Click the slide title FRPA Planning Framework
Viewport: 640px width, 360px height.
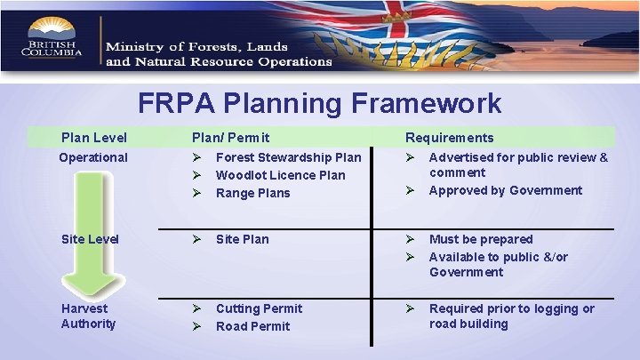pyautogui.click(x=319, y=103)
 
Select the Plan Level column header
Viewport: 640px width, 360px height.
pyautogui.click(x=93, y=138)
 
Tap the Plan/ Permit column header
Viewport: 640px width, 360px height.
pyautogui.click(x=231, y=138)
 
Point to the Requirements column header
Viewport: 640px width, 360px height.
pyautogui.click(x=449, y=138)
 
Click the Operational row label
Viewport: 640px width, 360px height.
pyautogui.click(x=93, y=157)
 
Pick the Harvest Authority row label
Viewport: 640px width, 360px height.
pyautogui.click(x=88, y=316)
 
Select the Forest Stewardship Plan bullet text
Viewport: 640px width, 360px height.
pyautogui.click(x=288, y=157)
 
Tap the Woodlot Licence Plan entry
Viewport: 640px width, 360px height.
pyautogui.click(x=280, y=175)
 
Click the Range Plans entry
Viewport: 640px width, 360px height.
pyautogui.click(x=252, y=193)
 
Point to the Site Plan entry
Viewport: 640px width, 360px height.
pyautogui.click(x=242, y=239)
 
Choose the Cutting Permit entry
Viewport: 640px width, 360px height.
pyautogui.click(x=259, y=308)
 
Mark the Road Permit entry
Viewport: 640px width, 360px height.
pyautogui.click(x=252, y=326)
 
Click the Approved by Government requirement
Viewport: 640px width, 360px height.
pyautogui.click(x=505, y=190)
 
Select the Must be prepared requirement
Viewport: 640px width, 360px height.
pyautogui.click(x=481, y=239)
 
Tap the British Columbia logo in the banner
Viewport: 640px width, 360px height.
pyautogui.click(x=53, y=40)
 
